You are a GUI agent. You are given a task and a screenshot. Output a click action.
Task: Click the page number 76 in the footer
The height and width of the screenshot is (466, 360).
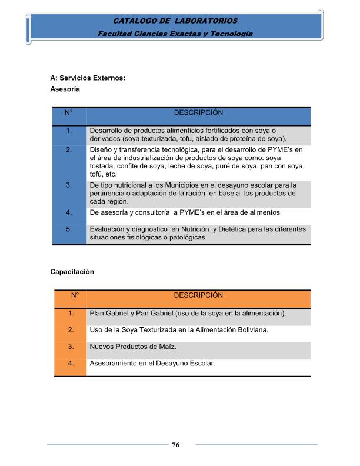click(x=175, y=445)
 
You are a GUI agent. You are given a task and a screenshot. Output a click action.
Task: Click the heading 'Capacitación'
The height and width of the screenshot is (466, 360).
click(x=72, y=272)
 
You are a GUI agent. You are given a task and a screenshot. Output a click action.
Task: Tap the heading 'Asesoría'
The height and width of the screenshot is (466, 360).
click(x=65, y=89)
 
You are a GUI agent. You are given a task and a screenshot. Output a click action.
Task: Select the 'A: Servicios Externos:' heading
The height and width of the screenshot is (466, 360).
click(x=88, y=78)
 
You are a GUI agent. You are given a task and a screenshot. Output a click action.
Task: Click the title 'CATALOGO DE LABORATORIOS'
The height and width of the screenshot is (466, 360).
click(x=176, y=21)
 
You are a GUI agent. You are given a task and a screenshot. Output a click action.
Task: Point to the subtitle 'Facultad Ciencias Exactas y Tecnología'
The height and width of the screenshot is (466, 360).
click(x=176, y=34)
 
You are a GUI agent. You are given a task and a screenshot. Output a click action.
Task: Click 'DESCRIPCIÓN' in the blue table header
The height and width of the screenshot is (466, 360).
click(x=198, y=112)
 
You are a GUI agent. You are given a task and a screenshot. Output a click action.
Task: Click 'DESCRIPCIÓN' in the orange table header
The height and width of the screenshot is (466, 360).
click(x=198, y=295)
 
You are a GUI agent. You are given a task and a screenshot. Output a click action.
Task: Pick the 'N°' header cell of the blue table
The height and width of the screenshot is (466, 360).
click(x=69, y=112)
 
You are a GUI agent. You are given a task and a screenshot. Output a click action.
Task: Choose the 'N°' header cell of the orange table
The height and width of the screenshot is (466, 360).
click(x=75, y=295)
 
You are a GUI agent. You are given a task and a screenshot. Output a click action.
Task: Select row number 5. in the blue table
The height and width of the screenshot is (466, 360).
click(x=69, y=229)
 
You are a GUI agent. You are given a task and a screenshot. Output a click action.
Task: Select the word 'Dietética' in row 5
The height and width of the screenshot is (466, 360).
click(x=236, y=229)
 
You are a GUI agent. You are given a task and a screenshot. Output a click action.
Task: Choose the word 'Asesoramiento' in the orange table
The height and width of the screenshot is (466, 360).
click(x=115, y=363)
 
